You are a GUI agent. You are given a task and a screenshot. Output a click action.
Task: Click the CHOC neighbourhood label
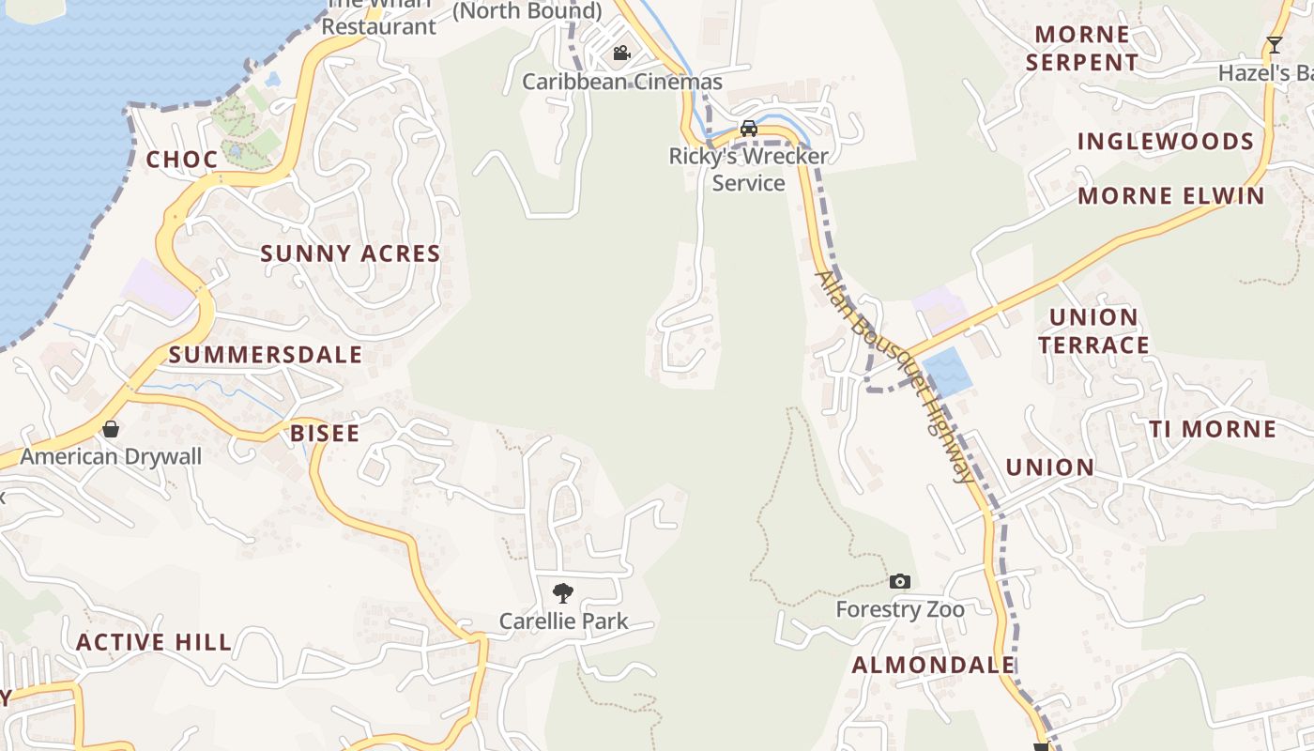[x=182, y=160]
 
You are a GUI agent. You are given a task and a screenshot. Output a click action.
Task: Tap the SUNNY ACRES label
[x=350, y=253]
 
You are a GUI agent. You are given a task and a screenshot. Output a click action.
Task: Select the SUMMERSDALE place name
[x=266, y=355]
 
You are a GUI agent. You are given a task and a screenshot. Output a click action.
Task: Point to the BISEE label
[x=325, y=433]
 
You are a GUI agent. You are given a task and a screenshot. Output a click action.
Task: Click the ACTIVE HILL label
[x=154, y=642]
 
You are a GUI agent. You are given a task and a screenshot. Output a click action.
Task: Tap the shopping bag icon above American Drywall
[x=111, y=429]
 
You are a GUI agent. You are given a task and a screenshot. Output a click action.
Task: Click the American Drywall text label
[x=111, y=457]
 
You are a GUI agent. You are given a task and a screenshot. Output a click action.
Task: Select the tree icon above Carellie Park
[x=563, y=592]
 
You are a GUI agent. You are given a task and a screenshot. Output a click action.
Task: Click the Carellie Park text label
[x=563, y=621]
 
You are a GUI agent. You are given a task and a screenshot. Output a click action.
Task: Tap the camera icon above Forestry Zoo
[x=900, y=581]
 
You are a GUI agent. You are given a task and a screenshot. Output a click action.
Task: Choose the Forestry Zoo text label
[x=900, y=610]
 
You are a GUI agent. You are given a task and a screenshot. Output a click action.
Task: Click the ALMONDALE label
[x=933, y=666]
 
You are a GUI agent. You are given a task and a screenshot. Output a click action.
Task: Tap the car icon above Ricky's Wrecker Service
[x=749, y=128]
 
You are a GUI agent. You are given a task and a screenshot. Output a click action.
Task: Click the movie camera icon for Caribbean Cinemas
[x=621, y=53]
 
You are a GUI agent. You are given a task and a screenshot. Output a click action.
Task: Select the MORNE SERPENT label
[x=1082, y=49]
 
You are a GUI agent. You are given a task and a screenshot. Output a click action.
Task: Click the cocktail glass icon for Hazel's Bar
[x=1274, y=44]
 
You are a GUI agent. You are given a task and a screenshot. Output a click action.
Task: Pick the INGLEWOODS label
[x=1166, y=142]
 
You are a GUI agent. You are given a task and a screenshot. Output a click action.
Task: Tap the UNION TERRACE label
[x=1093, y=331]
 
